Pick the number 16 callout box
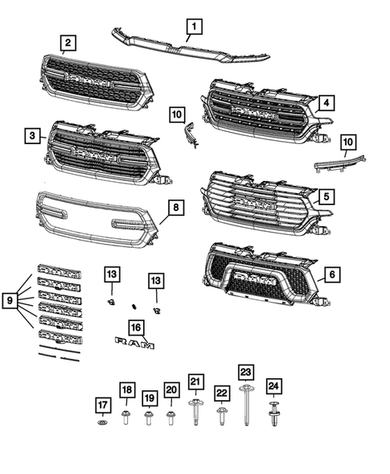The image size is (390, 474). point(135,327)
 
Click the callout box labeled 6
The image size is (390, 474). point(330,274)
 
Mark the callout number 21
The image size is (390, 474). point(195,381)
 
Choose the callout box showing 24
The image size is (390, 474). point(273,385)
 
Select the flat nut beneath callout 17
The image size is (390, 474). point(102,423)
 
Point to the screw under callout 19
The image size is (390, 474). point(149,418)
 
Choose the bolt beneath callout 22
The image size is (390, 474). point(221,416)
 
